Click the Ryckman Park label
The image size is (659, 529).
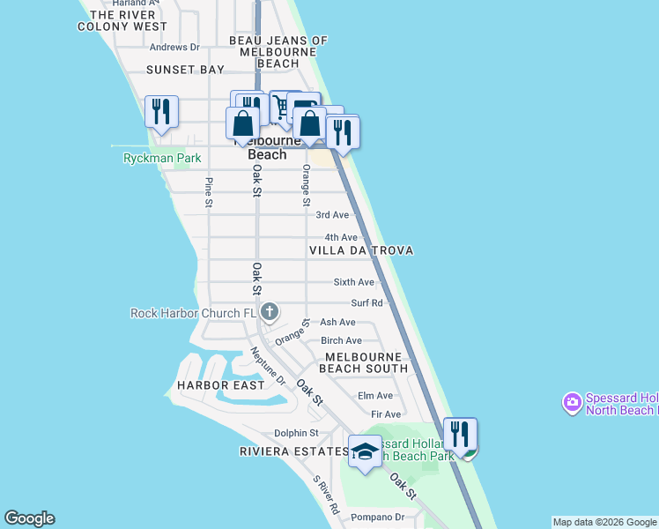[162, 159]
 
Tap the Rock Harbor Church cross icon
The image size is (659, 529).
[270, 312]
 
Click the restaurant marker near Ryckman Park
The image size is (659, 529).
[161, 112]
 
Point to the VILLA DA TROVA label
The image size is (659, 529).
[361, 251]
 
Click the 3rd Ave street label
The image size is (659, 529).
[332, 215]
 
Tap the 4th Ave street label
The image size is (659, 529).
[341, 238]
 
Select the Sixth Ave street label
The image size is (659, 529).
[353, 282]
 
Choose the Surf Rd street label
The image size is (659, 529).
[366, 302]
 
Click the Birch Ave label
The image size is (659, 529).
[341, 341]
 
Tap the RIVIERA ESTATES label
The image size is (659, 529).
[294, 451]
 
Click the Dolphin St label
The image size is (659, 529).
[295, 433]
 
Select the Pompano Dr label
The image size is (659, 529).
[377, 518]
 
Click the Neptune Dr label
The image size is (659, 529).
[268, 366]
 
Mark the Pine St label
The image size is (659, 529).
[209, 192]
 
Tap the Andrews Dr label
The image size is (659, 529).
[175, 48]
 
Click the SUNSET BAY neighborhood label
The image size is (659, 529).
[186, 69]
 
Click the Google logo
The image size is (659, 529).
[29, 518]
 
